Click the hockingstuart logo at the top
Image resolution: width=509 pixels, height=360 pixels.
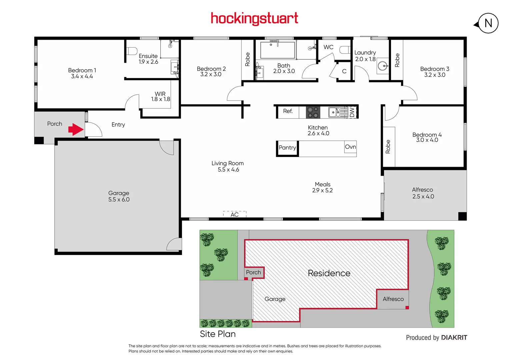tap(254, 19)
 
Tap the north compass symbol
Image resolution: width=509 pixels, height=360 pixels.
tap(488, 23)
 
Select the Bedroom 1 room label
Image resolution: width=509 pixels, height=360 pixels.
tap(82, 70)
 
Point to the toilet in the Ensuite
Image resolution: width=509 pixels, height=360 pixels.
tap(132, 51)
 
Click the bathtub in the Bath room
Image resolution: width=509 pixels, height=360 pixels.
tap(277, 50)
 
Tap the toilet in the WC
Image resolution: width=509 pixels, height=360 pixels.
tap(345, 50)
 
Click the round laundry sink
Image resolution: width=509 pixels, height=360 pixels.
tap(383, 66)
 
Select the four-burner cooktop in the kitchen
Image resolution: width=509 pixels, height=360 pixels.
tap(313, 112)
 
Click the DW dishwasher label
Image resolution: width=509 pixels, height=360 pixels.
tap(352, 112)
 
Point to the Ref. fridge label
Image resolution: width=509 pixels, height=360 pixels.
tap(288, 111)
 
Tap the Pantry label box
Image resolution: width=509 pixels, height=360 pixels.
tap(287, 148)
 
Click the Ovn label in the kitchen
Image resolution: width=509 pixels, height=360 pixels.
tap(350, 147)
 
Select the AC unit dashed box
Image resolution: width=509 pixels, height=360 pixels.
tap(235, 214)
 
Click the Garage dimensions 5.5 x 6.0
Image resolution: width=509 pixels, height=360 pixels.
tap(119, 200)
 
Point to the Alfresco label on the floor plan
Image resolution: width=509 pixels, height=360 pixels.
tap(422, 190)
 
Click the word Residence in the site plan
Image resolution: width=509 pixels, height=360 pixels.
tap(329, 273)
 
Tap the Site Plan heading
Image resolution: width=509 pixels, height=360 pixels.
tap(218, 334)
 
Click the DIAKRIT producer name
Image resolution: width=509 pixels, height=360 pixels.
tap(454, 338)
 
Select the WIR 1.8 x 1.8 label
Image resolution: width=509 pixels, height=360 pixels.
tap(160, 97)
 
